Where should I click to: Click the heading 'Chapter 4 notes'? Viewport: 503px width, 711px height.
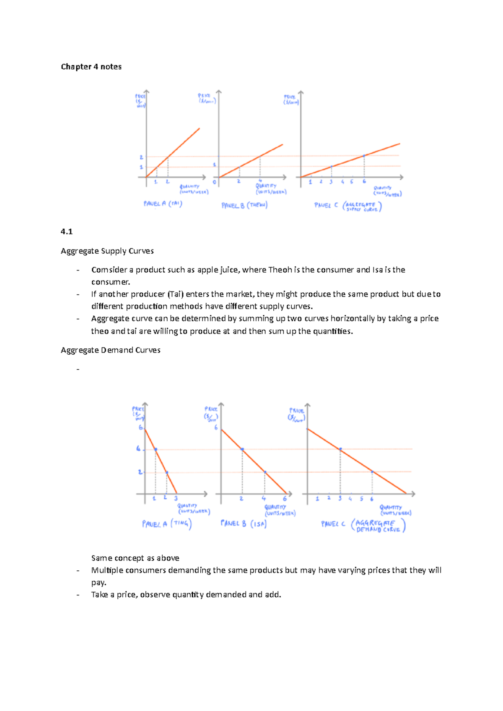[91, 67]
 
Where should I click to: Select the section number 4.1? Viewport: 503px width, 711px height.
[67, 232]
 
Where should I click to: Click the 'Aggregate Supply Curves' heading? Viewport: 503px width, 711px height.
[107, 251]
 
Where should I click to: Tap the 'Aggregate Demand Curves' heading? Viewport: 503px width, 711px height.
[110, 350]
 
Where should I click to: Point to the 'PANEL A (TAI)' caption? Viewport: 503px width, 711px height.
[163, 204]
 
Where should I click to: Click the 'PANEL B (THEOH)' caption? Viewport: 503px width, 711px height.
[244, 205]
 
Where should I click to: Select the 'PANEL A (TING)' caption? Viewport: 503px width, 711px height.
[166, 524]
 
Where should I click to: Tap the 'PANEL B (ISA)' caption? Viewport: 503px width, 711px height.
[244, 523]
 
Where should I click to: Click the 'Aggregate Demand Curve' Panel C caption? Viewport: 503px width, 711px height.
[363, 525]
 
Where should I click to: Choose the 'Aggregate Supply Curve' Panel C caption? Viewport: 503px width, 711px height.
[348, 206]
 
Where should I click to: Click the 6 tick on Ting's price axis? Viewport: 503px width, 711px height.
[141, 428]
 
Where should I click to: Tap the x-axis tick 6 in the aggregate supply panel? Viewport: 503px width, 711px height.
[364, 182]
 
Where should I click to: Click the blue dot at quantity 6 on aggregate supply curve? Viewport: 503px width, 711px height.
[364, 156]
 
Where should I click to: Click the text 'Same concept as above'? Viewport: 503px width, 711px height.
[135, 558]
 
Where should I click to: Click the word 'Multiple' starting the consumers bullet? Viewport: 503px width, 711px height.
[107, 570]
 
